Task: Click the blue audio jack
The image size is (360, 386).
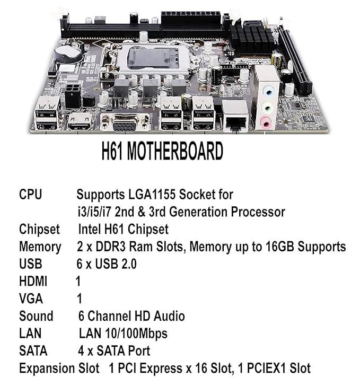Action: [268, 92]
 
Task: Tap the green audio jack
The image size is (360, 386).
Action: [267, 108]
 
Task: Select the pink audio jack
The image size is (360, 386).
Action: [266, 122]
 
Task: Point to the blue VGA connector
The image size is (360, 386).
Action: [125, 124]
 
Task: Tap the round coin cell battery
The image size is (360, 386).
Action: [69, 54]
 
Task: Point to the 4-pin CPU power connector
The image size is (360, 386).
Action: [73, 96]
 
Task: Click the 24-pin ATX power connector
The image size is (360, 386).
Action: [190, 18]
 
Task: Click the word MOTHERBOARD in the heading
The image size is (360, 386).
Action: [175, 151]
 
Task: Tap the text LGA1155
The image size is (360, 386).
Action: [152, 195]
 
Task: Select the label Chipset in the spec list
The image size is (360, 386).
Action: [39, 230]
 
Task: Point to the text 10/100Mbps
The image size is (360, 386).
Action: [136, 334]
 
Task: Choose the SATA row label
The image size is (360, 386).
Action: [33, 350]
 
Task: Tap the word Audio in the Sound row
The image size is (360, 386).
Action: [169, 316]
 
